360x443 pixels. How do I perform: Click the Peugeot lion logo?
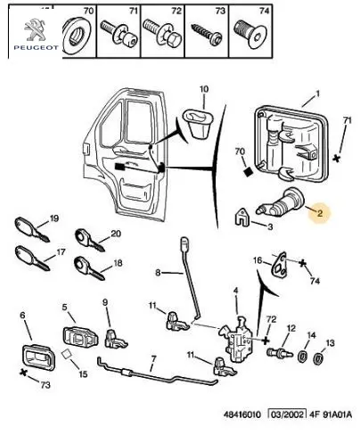point(35,29)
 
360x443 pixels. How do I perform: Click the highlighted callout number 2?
point(320,213)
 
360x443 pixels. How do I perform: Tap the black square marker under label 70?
point(248,172)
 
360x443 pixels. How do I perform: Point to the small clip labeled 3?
point(242,217)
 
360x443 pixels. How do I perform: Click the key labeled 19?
point(31,229)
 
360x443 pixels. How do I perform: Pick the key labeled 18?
point(90,268)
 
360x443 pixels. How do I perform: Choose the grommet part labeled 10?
point(197,123)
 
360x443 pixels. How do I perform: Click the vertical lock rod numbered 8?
point(191,279)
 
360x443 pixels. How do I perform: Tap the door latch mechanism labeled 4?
point(237,340)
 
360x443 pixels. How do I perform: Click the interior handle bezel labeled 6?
point(39,357)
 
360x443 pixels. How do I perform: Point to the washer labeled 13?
point(318,358)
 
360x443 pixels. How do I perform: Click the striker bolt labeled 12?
point(280,354)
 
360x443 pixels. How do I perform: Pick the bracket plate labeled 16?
point(280,265)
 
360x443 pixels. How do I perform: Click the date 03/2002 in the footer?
point(287,414)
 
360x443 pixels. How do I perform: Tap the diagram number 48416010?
point(242,414)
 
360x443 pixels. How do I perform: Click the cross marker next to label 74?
point(302,263)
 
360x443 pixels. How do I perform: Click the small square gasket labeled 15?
point(67,354)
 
